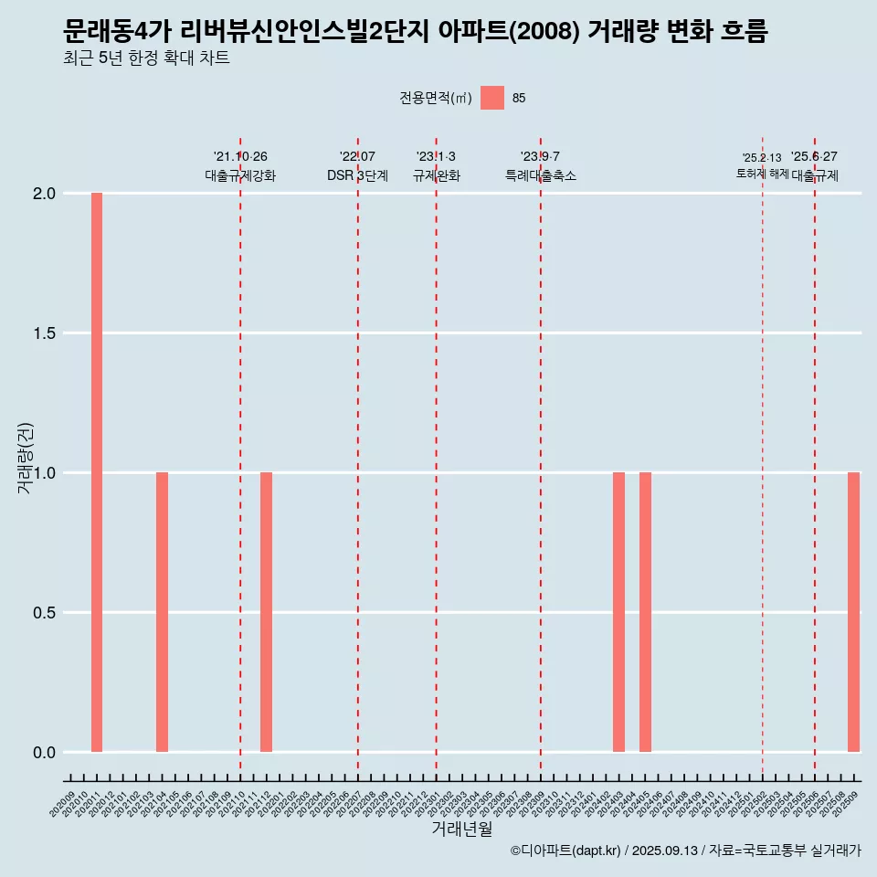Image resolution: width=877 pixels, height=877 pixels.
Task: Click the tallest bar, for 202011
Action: point(97,472)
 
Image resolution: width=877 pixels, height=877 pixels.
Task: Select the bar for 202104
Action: point(162,612)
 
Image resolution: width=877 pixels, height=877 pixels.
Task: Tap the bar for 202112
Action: point(266,612)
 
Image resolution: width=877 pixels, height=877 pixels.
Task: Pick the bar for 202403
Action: point(618,612)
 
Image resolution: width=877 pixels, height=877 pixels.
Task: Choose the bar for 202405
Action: point(645,612)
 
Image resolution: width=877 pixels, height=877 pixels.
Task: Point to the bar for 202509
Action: point(853,612)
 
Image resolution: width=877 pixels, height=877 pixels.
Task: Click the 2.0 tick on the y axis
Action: point(46,194)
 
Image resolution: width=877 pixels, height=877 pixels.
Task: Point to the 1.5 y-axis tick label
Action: point(46,333)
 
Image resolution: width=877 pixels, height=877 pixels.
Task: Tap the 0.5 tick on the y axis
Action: point(46,613)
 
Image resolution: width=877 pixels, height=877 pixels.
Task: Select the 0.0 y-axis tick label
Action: point(46,753)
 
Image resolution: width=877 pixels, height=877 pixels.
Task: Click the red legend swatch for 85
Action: point(492,98)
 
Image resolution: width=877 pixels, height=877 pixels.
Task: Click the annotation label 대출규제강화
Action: point(240,175)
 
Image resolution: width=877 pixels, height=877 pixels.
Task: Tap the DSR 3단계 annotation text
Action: point(357,175)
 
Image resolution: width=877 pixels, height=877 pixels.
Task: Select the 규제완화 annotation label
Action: point(436,175)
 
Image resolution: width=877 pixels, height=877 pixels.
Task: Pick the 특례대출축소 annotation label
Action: point(541,175)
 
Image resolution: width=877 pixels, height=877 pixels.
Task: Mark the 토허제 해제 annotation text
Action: point(762,174)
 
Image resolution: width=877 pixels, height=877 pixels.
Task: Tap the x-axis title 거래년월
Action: point(461,829)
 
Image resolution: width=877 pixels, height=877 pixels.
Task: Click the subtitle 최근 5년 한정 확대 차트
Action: point(146,58)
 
